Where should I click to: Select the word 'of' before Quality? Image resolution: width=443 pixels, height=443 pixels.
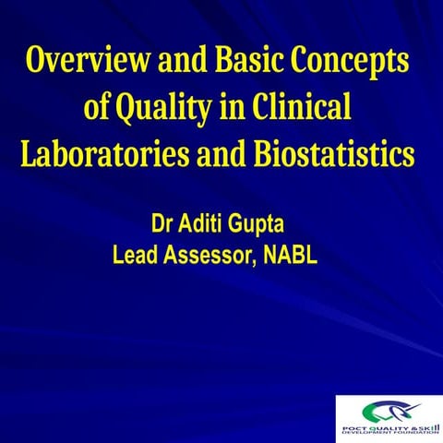[x=97, y=109]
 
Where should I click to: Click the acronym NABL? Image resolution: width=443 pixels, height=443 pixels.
[x=290, y=255]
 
